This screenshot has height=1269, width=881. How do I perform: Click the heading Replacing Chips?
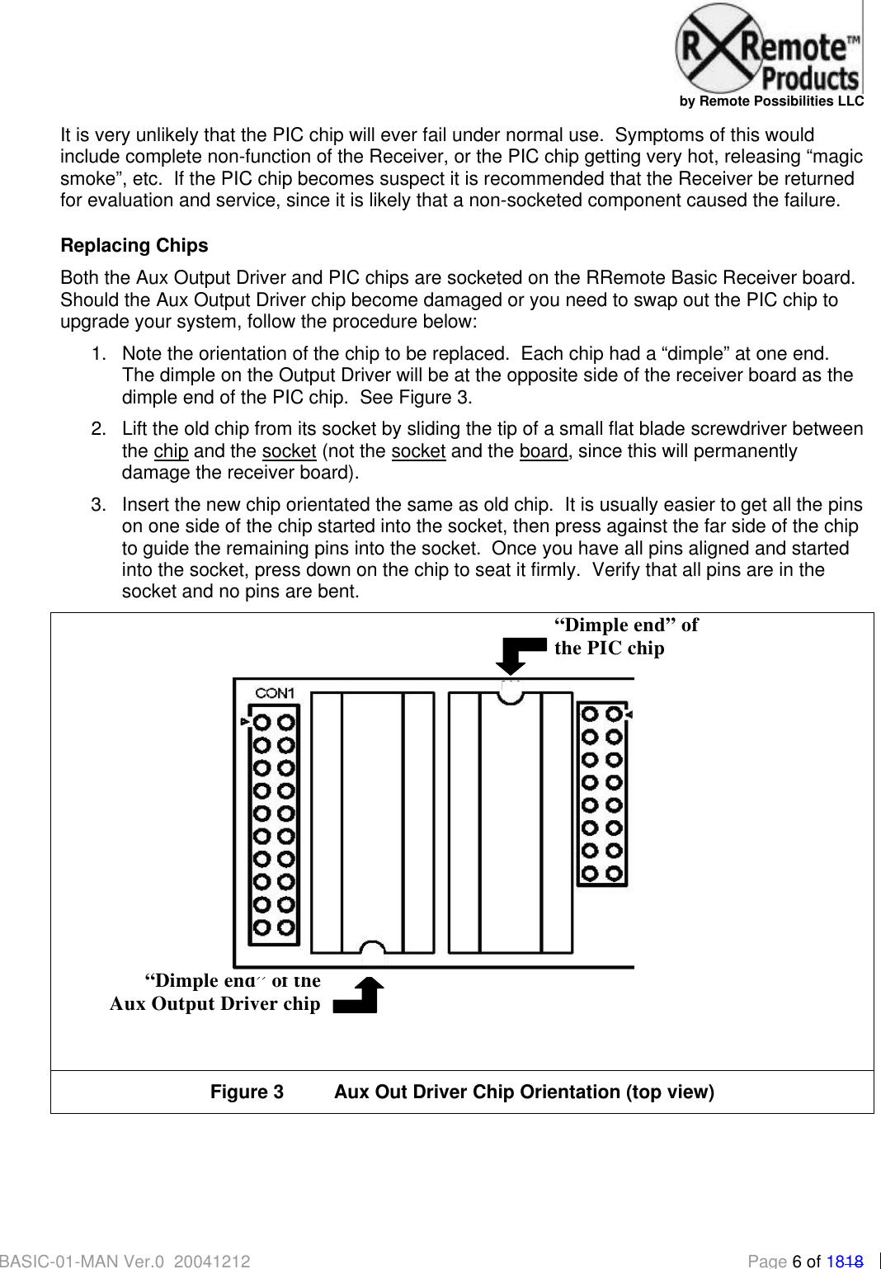coord(134,246)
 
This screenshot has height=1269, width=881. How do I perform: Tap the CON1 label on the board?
coord(275,693)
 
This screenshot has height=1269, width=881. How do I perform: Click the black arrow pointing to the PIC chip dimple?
coord(518,654)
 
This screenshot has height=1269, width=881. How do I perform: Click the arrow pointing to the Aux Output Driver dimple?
coord(361,996)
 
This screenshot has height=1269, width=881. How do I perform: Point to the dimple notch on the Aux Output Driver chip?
coord(373,953)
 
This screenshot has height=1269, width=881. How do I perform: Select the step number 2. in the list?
coord(99,429)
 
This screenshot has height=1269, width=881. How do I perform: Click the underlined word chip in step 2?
coord(171,451)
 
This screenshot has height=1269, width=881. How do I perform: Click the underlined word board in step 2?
coord(543,451)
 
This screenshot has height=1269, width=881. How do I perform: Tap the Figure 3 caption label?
coord(247,1092)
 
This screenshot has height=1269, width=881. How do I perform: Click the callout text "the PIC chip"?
coord(609,649)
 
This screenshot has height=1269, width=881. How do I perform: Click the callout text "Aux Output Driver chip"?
coord(214,1004)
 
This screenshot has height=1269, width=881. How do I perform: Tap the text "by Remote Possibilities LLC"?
coord(771,101)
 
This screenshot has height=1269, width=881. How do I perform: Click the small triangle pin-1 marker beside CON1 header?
coord(244,722)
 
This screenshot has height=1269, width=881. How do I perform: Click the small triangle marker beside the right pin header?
coord(629,714)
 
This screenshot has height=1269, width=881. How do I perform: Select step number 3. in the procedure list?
coord(99,505)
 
